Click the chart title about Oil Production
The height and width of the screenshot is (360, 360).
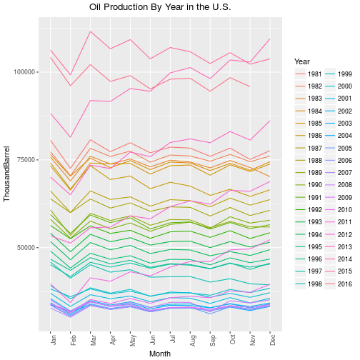(160, 7)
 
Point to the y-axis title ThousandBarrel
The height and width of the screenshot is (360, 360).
(6, 174)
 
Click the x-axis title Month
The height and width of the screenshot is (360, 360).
(160, 354)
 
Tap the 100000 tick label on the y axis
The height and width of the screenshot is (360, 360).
(24, 72)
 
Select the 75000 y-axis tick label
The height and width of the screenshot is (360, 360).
(26, 160)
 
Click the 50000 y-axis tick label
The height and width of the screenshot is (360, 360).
(26, 248)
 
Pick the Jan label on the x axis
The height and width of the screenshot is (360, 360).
(54, 340)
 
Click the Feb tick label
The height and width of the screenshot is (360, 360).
(74, 340)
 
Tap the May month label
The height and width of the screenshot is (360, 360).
(133, 340)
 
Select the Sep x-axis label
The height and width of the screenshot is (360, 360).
(213, 340)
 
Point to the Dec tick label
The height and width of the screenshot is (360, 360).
(273, 340)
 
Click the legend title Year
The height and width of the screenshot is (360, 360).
(302, 61)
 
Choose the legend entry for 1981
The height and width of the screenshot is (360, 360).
(308, 74)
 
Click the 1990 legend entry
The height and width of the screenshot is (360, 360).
(308, 185)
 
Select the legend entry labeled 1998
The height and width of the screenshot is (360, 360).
(308, 284)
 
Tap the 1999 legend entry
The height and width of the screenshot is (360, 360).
(338, 74)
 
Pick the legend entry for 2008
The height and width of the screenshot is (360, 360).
(338, 185)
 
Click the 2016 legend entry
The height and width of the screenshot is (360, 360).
(338, 284)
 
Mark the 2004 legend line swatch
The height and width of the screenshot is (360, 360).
(330, 136)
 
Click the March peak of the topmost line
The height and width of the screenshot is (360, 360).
(90, 31)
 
